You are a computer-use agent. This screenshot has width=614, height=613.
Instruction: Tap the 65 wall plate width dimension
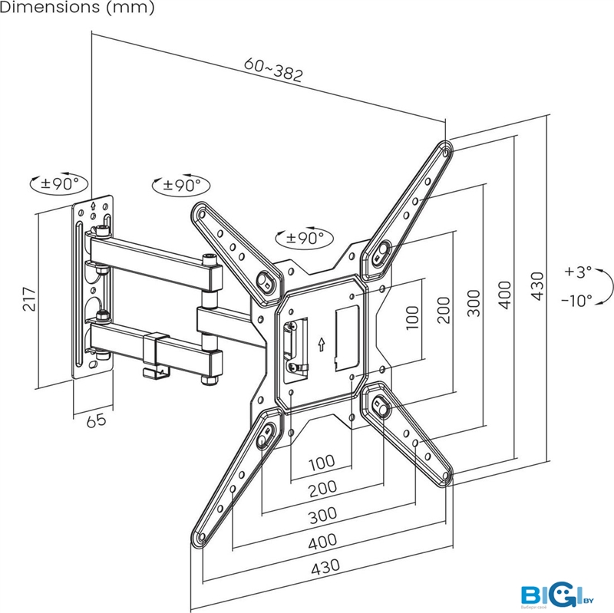pos(94,420)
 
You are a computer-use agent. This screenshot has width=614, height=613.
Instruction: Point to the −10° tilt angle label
pos(576,300)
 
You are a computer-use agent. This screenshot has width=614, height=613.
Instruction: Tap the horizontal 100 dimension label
pos(322,463)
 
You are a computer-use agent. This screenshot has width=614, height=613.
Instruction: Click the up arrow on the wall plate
pos(94,205)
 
